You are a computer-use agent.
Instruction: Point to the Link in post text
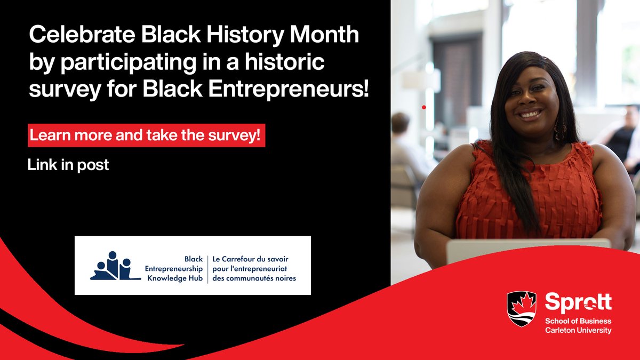click(x=68, y=165)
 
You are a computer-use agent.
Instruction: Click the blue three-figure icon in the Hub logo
click(x=111, y=266)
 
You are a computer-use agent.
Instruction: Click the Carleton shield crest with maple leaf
click(x=521, y=309)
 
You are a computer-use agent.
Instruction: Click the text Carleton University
click(x=578, y=331)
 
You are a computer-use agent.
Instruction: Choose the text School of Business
click(x=578, y=321)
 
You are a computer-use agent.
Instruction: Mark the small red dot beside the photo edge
click(x=423, y=107)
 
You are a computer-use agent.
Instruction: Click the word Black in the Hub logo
click(x=194, y=259)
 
